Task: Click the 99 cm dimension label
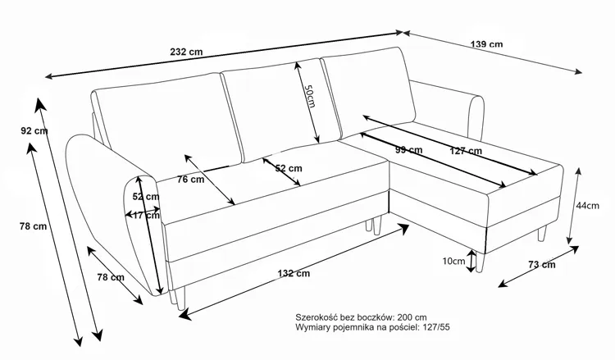408,150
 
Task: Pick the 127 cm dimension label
465,150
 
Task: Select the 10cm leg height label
452,262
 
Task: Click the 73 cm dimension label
541,264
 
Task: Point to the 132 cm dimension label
293,273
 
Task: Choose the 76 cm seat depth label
190,180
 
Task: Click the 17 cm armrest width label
146,216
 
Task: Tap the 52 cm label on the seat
288,168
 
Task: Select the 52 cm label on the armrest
145,197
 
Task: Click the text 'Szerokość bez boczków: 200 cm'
361,316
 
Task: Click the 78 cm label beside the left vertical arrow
34,227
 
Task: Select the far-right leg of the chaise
542,235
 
